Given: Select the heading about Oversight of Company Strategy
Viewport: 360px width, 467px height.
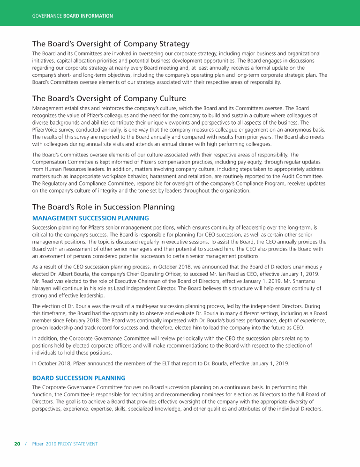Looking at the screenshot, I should tap(111, 44).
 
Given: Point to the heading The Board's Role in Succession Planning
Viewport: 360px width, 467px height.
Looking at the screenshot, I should tap(103, 207).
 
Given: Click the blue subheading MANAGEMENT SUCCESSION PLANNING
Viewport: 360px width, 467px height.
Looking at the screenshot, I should tap(90, 218).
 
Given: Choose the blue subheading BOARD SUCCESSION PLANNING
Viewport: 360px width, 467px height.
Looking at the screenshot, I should tap(79, 378).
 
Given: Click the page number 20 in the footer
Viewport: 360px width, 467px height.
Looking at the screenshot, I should tap(17, 444).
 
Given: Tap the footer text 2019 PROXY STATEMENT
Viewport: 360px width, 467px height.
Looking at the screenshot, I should tap(71, 444).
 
